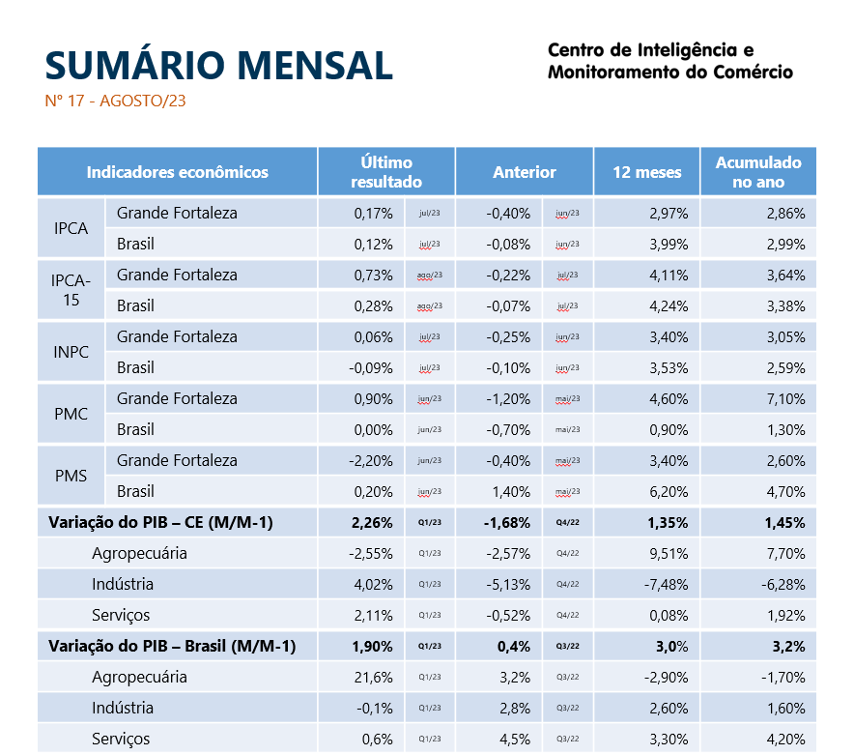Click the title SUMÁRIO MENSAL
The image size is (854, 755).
point(218,65)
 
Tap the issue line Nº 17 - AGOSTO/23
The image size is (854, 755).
point(115,102)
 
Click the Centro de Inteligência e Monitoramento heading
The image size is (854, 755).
point(669,61)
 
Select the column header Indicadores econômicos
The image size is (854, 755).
point(178,172)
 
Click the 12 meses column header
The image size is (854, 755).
point(646,172)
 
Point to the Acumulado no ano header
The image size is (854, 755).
point(758,172)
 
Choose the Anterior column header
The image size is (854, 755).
point(525,172)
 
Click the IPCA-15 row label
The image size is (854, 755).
point(71,290)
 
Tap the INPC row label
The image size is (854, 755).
point(71,352)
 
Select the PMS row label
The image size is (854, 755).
point(71,476)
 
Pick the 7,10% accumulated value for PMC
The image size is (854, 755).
point(785,398)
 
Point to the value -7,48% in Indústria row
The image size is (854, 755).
point(666,584)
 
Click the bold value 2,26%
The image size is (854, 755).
point(373,522)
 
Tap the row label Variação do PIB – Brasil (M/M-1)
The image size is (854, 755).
point(172,646)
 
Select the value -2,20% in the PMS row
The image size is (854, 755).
point(371,460)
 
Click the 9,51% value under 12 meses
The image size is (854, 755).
point(668,553)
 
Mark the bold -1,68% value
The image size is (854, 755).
point(507,522)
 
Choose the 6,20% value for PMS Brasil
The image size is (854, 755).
point(668,491)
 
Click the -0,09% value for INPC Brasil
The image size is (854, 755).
point(371,367)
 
